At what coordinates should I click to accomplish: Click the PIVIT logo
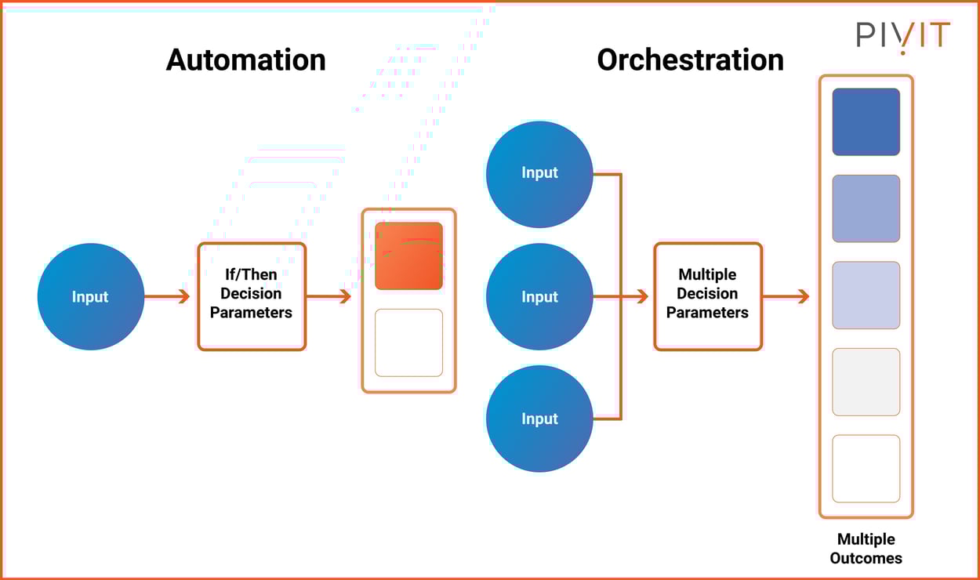coord(903,37)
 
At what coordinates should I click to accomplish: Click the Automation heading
coord(245,60)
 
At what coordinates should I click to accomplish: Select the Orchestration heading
coord(690,60)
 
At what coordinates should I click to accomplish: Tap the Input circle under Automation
coord(91,296)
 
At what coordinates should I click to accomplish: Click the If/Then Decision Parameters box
coord(252,295)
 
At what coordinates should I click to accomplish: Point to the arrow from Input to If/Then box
coord(168,296)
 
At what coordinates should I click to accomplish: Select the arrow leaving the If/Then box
coord(328,296)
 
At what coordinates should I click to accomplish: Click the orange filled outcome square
coord(408,256)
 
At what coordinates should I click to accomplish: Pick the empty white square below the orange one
coord(408,343)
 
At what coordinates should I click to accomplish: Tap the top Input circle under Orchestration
coord(539,174)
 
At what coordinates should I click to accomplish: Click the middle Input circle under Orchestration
coord(539,296)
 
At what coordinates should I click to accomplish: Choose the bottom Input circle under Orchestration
coord(539,419)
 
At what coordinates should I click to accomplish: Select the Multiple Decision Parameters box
coord(708,295)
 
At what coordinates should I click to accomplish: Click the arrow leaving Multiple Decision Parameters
coord(786,296)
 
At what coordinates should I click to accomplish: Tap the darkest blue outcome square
coord(866,121)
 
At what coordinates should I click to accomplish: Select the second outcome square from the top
coord(866,208)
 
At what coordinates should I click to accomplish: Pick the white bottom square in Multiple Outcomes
coord(866,469)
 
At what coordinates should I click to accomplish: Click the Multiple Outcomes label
coord(866,549)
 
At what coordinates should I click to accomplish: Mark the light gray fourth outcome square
coord(866,382)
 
